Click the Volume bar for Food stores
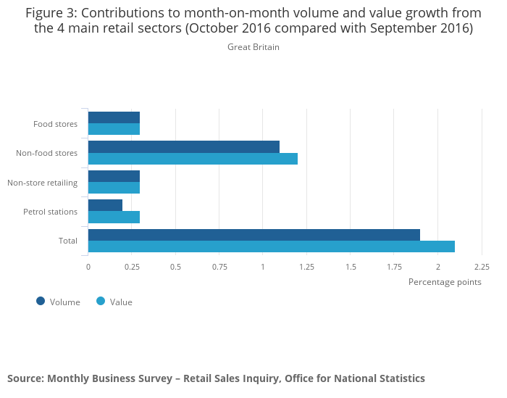(x=114, y=117)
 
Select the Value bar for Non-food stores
(x=193, y=159)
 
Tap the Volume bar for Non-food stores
(x=184, y=146)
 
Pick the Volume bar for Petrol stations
(x=105, y=205)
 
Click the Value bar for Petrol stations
(x=114, y=217)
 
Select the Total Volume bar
(x=254, y=234)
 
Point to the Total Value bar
(x=272, y=246)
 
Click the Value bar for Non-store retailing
(x=114, y=188)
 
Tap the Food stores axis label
(x=55, y=124)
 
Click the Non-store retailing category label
(x=42, y=183)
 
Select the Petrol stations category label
(x=50, y=212)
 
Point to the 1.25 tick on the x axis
(x=306, y=267)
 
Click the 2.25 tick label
(x=482, y=267)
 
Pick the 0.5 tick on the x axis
(x=175, y=267)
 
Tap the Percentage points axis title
(x=445, y=282)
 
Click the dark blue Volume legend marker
(x=41, y=302)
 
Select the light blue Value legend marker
(x=101, y=302)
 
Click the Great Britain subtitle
(x=253, y=47)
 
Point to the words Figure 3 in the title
(x=52, y=13)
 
